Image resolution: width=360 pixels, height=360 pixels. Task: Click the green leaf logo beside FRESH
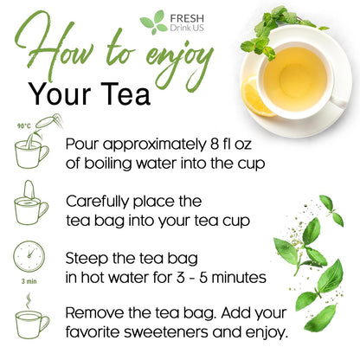click(x=153, y=22)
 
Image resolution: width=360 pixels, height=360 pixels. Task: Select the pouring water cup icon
click(x=32, y=147)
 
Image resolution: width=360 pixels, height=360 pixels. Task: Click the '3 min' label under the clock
click(x=30, y=281)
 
